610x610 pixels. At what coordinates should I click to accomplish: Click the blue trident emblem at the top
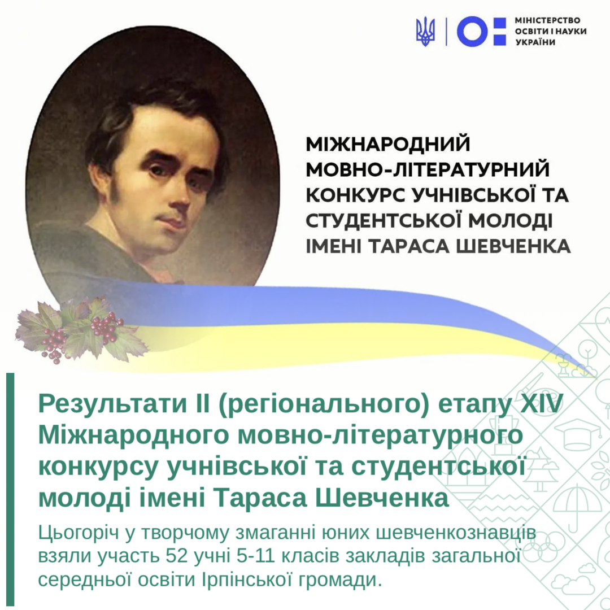426,31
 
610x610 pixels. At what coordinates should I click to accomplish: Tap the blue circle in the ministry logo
472,31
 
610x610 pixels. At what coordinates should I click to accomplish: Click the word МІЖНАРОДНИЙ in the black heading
388,143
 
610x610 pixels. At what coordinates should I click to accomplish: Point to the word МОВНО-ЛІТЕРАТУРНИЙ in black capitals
428,169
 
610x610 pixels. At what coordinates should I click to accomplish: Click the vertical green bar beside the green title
10,489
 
